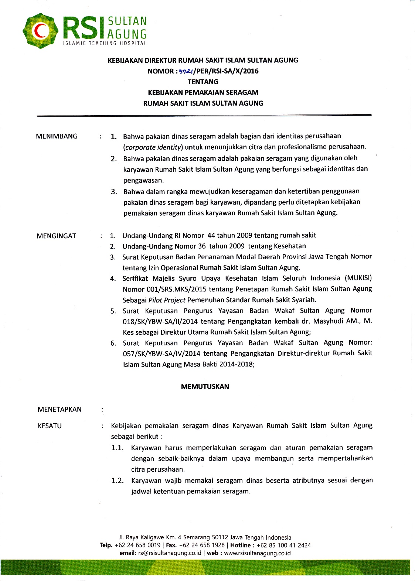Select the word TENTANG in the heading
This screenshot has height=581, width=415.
pos(203,82)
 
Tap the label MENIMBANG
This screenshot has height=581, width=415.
pos(57,136)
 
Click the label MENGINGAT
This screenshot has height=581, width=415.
pos(56,236)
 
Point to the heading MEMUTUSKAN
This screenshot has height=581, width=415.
pos(205,387)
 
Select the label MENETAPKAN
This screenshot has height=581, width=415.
pos(59,410)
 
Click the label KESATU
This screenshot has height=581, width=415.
pos(50,426)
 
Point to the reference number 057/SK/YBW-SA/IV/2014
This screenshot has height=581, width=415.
pos(161,353)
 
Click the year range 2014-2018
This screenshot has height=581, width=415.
pos(237,365)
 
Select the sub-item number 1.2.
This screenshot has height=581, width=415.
pos(118,481)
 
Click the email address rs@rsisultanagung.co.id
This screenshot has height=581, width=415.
pos(170,553)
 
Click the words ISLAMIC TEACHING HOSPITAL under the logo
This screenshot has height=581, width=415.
pos(105,44)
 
